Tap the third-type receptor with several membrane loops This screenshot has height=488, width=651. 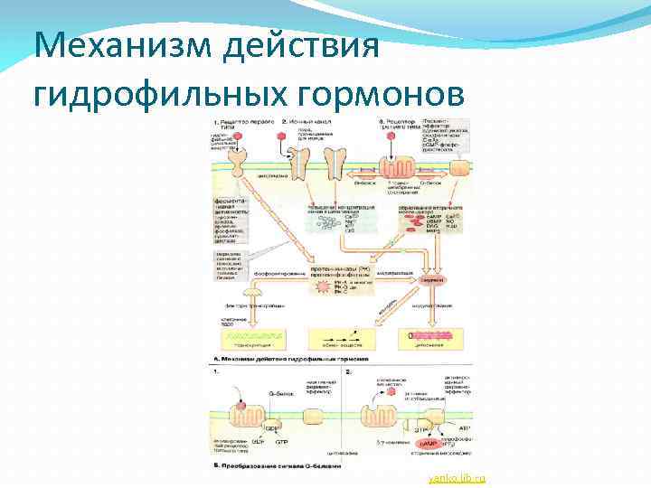pos(395,169)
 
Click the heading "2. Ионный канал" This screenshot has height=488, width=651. pos(307,120)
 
